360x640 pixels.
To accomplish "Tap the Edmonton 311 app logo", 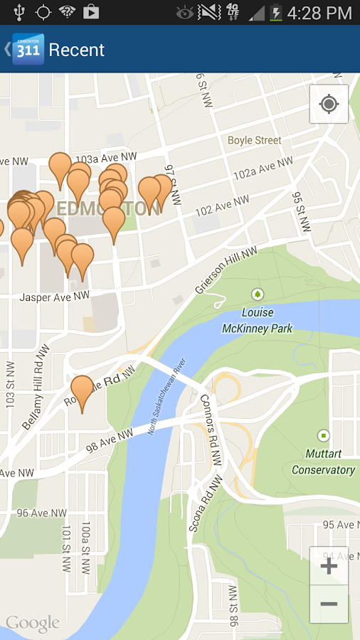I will tap(28, 49).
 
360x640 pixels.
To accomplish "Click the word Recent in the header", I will tap(76, 50).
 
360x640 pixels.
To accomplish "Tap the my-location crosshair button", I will tap(329, 105).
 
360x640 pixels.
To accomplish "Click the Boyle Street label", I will tap(254, 141).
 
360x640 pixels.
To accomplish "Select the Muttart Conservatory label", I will tap(323, 462).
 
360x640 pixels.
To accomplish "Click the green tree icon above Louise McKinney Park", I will tap(257, 294).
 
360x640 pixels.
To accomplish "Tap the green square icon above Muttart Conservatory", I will tap(324, 435).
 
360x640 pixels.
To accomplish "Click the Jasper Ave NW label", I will tap(54, 296).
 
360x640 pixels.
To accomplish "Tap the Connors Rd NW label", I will tap(211, 430).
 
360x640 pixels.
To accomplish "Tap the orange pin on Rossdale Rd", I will tap(83, 390).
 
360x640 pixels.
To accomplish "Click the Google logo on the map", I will tap(33, 624).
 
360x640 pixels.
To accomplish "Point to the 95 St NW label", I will tap(302, 211).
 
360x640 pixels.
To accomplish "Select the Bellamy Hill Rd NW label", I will tap(36, 388).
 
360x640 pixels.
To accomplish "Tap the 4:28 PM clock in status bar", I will tap(319, 13).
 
